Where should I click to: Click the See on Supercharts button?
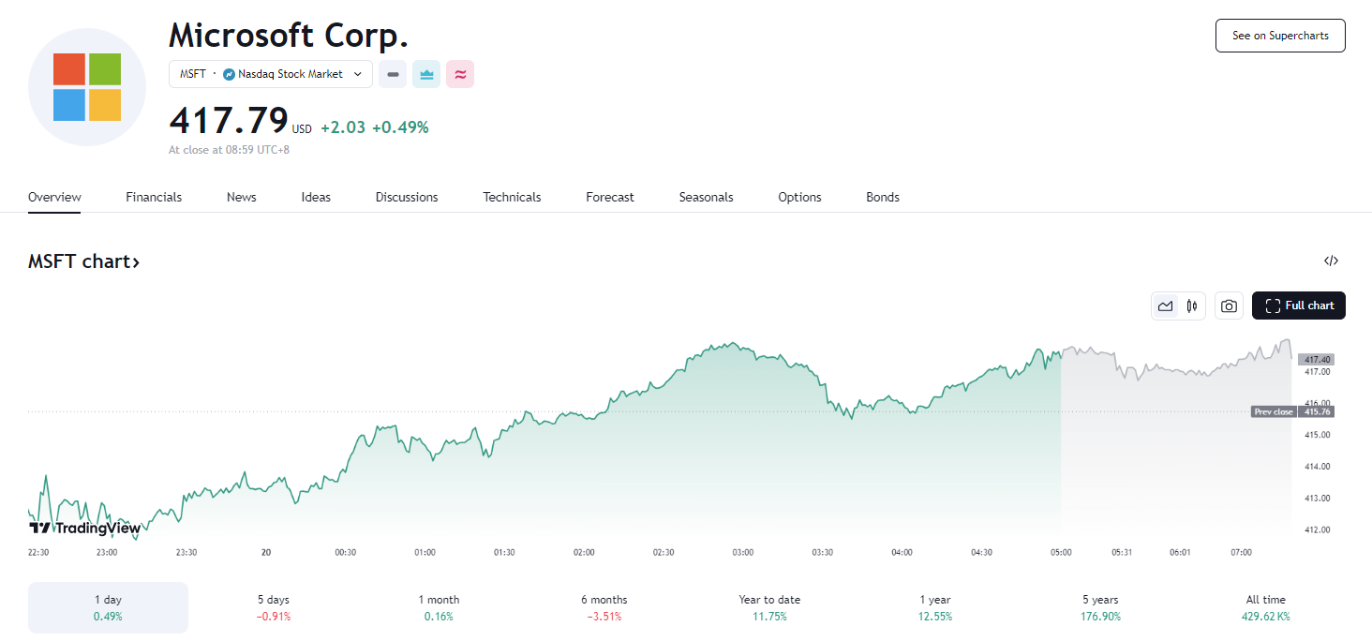click(x=1280, y=36)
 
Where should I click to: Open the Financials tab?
click(x=154, y=197)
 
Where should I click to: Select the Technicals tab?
click(x=512, y=197)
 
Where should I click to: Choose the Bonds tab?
click(x=882, y=197)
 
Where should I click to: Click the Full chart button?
click(x=1299, y=306)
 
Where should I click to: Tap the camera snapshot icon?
click(x=1229, y=306)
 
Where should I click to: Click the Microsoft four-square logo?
click(x=87, y=87)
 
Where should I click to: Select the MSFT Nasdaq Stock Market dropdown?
click(x=271, y=74)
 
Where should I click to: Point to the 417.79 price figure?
click(x=228, y=121)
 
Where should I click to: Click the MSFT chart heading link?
click(x=83, y=261)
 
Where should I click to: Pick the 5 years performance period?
click(x=1100, y=607)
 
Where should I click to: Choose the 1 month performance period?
click(x=439, y=607)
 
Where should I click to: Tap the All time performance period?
click(x=1266, y=607)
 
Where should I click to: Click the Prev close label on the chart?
click(x=1274, y=411)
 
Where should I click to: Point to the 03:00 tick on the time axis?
click(x=742, y=552)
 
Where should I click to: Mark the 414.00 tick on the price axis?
click(x=1317, y=466)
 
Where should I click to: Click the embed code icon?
click(x=1331, y=261)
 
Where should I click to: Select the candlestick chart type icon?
click(x=1192, y=306)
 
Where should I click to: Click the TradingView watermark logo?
click(x=84, y=528)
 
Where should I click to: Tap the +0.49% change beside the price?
click(x=400, y=127)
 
